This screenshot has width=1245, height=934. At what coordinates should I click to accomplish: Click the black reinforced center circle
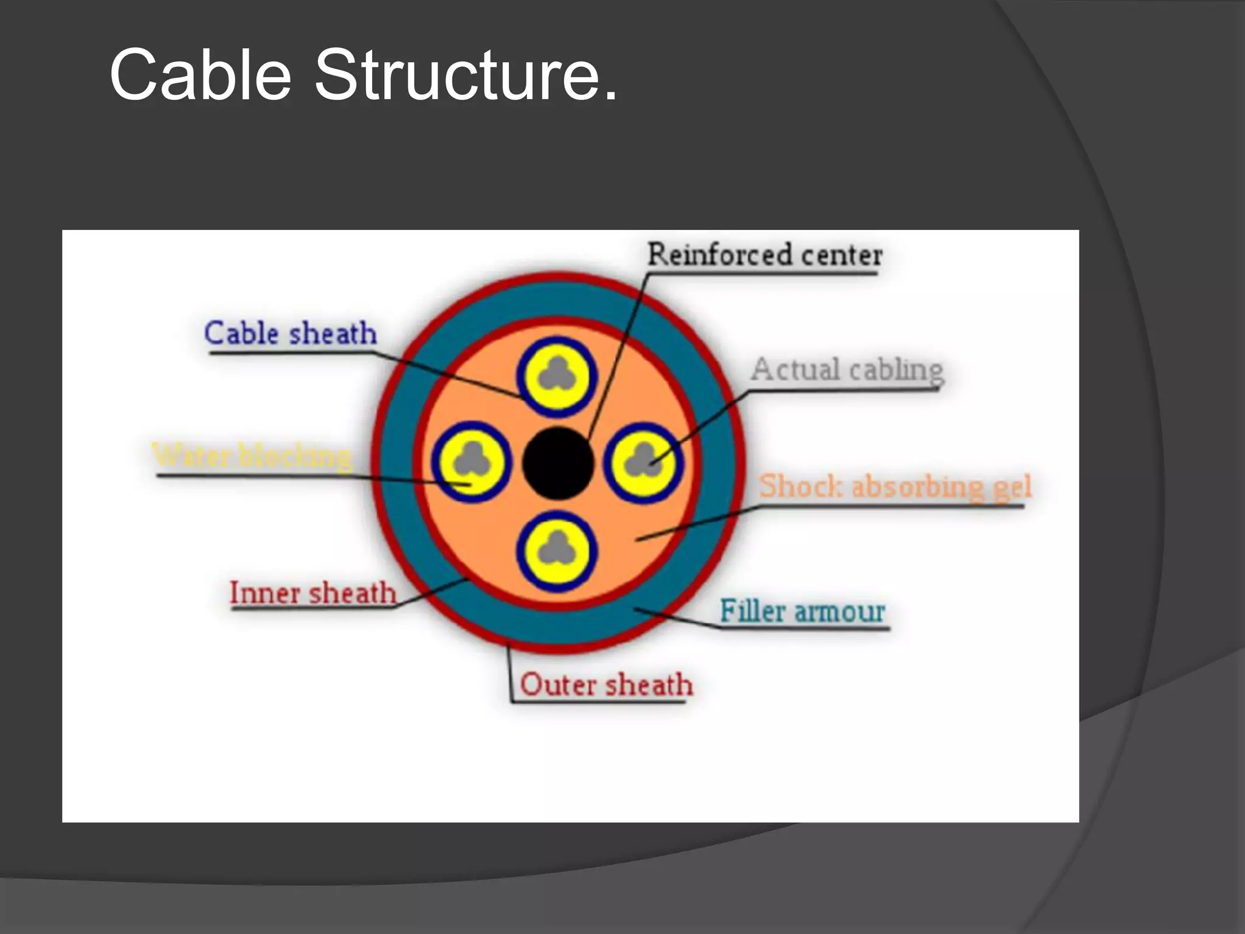click(558, 463)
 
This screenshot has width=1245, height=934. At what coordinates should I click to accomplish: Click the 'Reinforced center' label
click(764, 255)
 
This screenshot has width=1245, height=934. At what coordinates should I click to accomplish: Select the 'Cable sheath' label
click(291, 333)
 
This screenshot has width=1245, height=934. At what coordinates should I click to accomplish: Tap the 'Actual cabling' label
click(847, 370)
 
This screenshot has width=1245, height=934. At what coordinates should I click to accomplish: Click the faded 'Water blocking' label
click(252, 455)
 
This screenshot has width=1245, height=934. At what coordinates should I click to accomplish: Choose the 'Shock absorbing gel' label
click(895, 486)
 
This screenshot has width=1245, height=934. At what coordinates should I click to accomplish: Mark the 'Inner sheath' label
click(312, 593)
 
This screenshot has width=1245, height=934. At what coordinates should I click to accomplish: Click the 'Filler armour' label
click(802, 611)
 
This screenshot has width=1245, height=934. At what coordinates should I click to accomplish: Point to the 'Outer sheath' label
click(606, 685)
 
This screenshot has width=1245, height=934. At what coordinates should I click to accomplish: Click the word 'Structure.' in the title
click(466, 75)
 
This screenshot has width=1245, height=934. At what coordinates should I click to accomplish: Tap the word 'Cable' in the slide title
click(201, 75)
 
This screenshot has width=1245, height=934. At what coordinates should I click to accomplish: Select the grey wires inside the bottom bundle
click(557, 550)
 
